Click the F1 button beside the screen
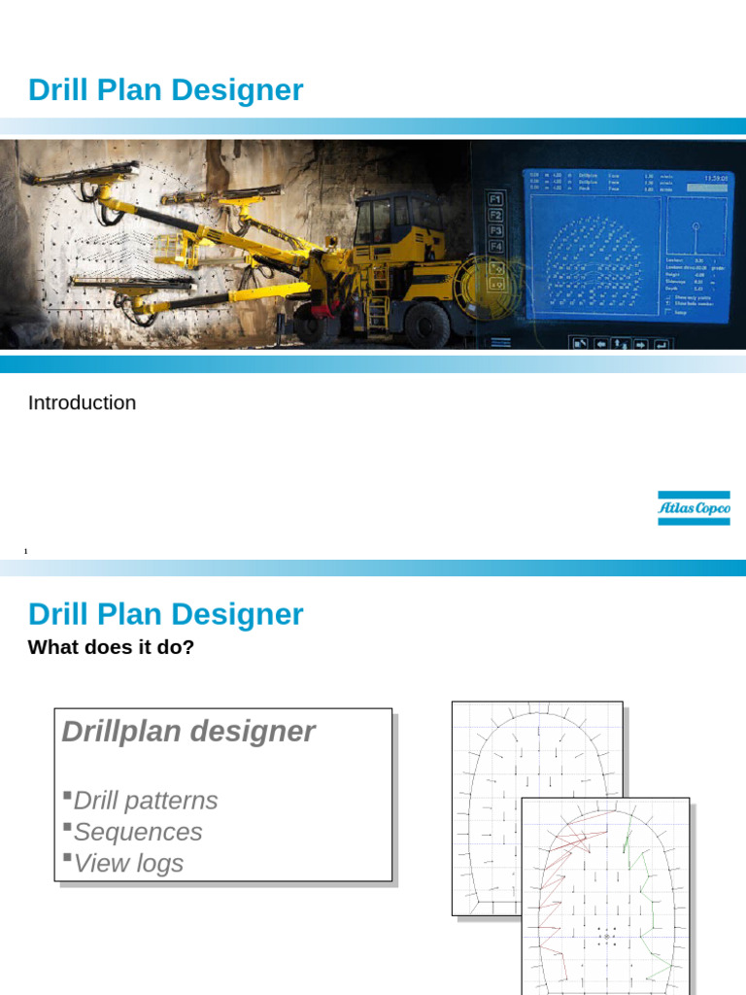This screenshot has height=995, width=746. click(495, 198)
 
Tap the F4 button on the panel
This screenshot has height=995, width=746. click(495, 247)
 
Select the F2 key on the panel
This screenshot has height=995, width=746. click(495, 215)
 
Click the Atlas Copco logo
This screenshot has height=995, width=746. click(694, 508)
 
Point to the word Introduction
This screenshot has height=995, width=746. click(82, 402)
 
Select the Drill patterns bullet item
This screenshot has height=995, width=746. click(145, 801)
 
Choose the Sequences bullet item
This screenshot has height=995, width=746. click(137, 832)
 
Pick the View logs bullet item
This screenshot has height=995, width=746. click(127, 863)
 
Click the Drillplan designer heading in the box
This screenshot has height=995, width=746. click(188, 732)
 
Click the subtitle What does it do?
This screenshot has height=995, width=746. click(112, 647)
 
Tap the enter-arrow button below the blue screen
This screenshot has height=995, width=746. click(661, 344)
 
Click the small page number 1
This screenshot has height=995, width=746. click(26, 552)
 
